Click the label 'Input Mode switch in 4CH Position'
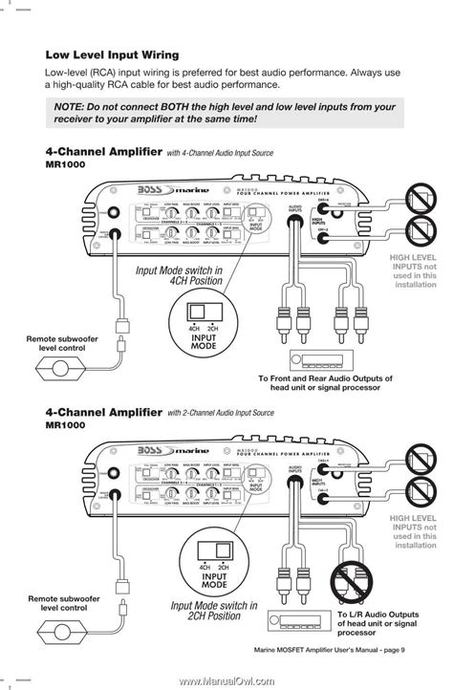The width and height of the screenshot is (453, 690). [x=179, y=276]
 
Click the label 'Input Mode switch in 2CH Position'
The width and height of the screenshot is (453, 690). [x=214, y=611]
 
